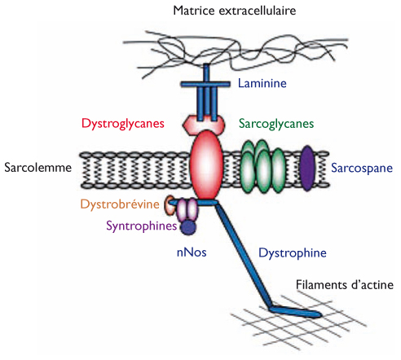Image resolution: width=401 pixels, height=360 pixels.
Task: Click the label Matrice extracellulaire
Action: [x=235, y=11]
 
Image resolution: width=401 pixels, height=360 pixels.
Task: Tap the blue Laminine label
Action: [x=262, y=83]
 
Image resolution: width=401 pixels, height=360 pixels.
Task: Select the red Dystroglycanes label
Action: [x=123, y=124]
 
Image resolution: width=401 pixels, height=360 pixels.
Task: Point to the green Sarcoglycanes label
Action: [x=276, y=124]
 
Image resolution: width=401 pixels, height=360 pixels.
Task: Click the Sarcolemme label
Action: [x=37, y=167]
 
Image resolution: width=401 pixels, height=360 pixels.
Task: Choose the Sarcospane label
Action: [x=362, y=168]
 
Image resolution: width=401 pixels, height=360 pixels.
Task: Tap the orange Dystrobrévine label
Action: [x=120, y=204]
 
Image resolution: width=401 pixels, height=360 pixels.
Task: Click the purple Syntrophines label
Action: [x=141, y=226]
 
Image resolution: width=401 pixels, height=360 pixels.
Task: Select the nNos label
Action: [x=192, y=252]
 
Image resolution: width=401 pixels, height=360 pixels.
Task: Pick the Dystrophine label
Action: [x=293, y=253]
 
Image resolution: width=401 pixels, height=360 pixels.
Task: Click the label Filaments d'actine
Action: [x=345, y=285]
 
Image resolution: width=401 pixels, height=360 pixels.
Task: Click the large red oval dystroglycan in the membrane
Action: [x=206, y=165]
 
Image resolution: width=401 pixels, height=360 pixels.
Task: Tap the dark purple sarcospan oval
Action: [x=307, y=169]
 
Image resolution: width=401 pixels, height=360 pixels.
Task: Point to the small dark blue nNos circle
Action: [x=188, y=227]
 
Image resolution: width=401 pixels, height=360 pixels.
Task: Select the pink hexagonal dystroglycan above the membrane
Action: [x=204, y=124]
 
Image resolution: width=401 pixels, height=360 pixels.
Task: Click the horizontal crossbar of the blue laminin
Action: [x=205, y=84]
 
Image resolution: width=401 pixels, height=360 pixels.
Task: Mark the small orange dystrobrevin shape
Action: [x=170, y=205]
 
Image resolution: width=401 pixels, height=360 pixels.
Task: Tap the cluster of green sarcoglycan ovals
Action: [x=262, y=166]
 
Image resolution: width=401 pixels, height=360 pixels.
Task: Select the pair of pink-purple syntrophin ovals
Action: [x=187, y=209]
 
